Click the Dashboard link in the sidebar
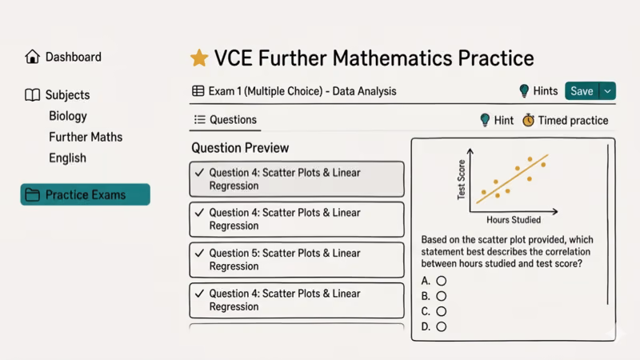73,57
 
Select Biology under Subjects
68,116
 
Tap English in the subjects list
67,158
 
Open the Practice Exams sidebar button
85,194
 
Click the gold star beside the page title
199,58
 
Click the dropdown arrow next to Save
607,91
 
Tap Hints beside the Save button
538,91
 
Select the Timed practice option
565,121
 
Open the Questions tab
226,120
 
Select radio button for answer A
441,281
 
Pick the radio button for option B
441,296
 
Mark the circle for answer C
441,311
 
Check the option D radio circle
441,326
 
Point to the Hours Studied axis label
514,220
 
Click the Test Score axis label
462,180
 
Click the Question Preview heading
240,148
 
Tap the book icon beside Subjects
32,95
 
